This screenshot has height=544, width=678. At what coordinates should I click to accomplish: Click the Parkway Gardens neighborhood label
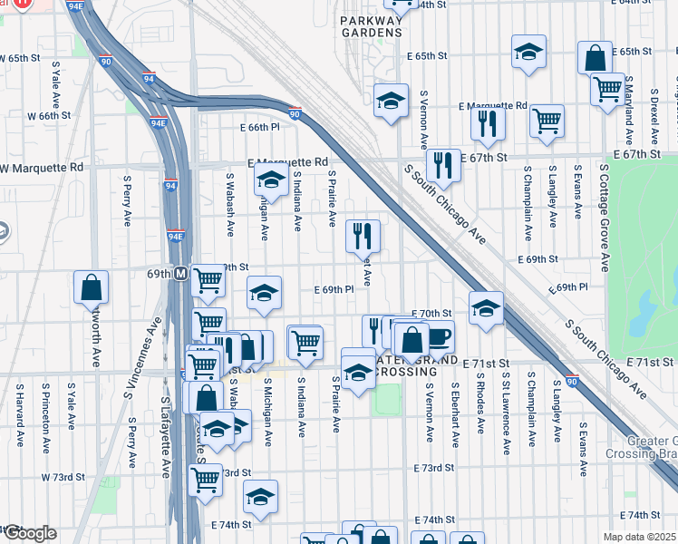coord(371,25)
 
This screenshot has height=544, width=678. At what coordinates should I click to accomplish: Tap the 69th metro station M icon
coord(181,273)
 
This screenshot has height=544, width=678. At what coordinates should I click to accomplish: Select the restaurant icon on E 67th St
coord(442,164)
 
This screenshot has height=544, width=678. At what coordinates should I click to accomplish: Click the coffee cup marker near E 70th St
coord(438,336)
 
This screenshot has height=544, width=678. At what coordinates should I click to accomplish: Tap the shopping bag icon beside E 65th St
coord(595,58)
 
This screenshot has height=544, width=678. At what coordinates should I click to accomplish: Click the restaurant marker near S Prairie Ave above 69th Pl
coord(363,236)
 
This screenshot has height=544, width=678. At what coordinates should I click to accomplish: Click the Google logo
coord(29,533)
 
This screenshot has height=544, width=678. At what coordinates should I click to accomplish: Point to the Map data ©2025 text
coord(640,537)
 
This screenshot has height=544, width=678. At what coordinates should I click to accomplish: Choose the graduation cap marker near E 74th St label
coord(260,496)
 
